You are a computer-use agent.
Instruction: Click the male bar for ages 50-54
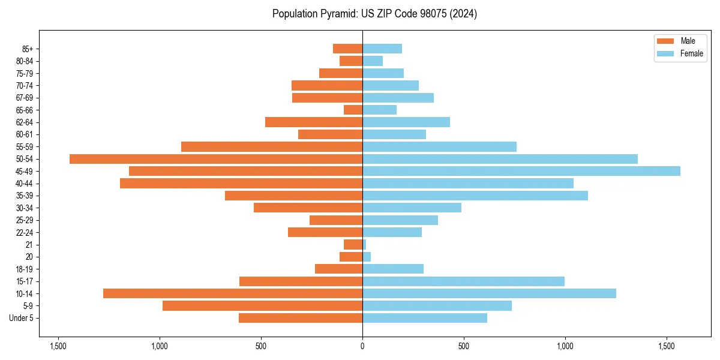point(216,159)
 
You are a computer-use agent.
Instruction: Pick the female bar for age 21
point(364,245)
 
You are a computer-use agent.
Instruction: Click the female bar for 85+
point(382,49)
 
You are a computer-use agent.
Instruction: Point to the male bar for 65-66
point(353,110)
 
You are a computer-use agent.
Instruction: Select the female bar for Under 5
point(425,318)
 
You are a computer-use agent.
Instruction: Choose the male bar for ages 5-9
point(262,306)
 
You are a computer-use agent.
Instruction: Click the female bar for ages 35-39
point(475,196)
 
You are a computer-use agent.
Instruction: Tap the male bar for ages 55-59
point(272,146)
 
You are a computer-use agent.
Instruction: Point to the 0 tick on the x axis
point(362,347)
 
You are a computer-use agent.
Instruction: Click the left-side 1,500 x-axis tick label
point(58,347)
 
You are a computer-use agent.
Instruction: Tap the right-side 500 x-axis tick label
point(464,347)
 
